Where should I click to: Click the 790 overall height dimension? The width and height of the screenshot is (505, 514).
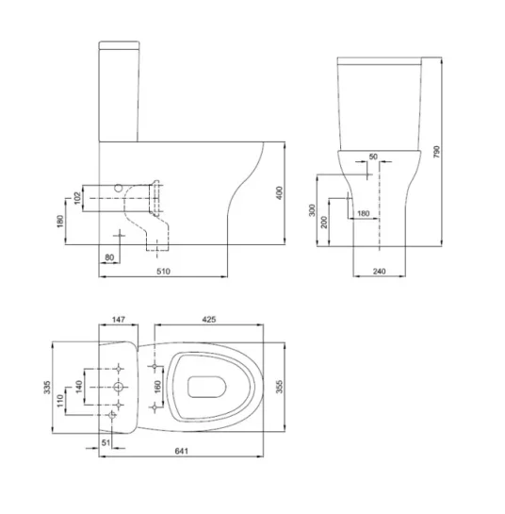coord(437,156)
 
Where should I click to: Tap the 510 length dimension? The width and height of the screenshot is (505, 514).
coord(161,272)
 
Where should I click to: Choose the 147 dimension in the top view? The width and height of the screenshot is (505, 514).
coord(119,321)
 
